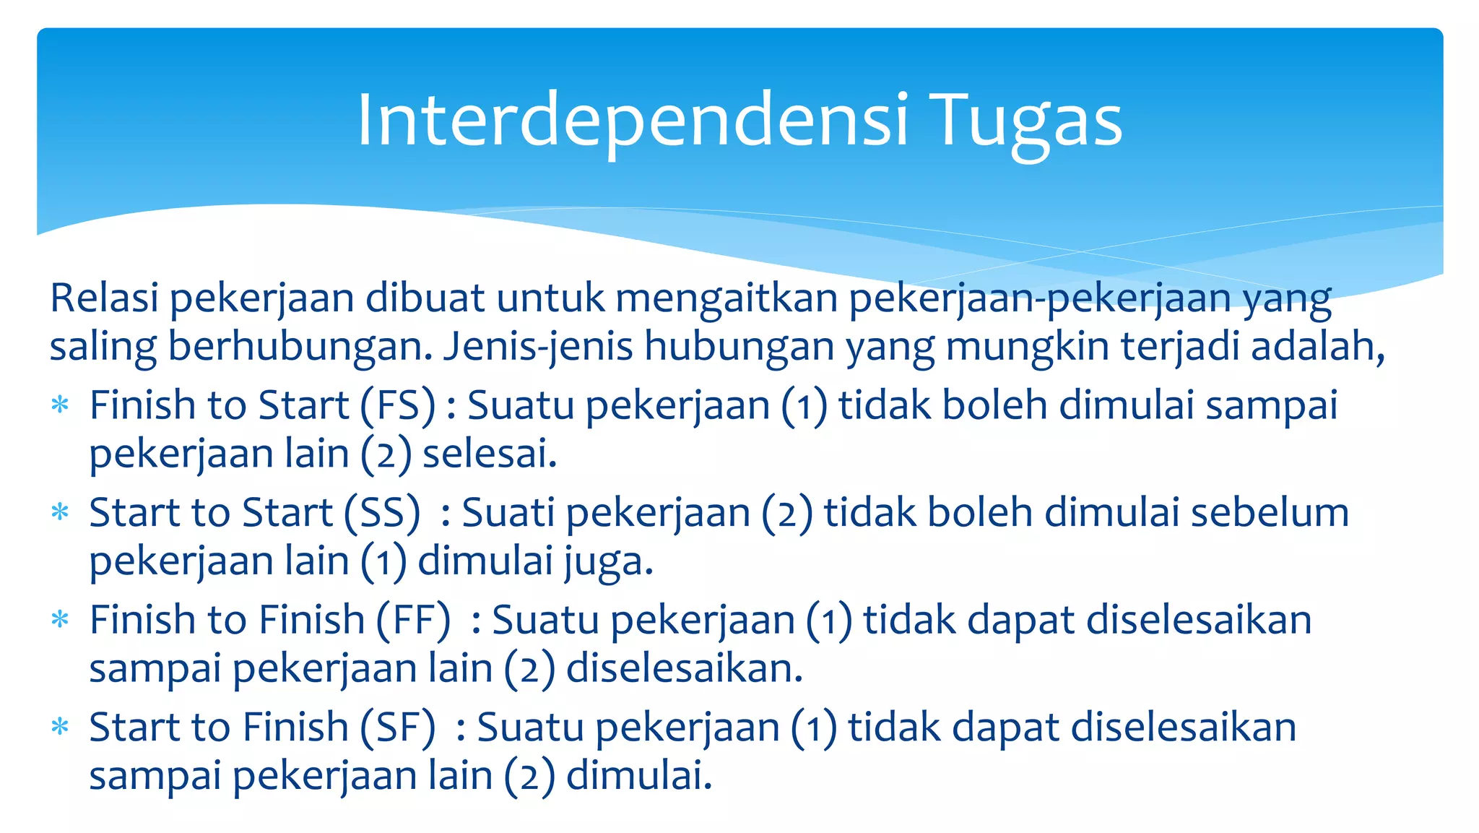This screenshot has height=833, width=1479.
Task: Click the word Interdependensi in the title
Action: (632, 121)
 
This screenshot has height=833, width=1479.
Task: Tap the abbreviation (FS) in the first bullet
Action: (398, 405)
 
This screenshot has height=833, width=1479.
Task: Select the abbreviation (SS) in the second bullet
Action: (382, 513)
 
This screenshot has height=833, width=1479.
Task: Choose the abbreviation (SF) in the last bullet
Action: (398, 728)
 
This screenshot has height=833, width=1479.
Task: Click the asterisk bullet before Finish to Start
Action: (60, 405)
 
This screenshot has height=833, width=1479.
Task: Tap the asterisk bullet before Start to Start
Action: (60, 512)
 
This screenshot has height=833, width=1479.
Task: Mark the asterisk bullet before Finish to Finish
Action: (60, 619)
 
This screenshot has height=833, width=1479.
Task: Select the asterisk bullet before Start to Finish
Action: (60, 727)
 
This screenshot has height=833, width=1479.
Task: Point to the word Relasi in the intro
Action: (104, 298)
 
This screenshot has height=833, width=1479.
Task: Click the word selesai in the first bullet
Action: (490, 454)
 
